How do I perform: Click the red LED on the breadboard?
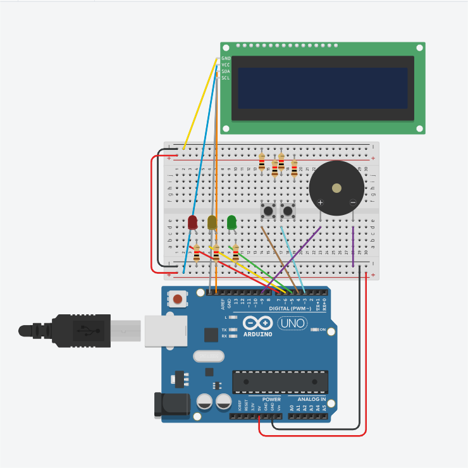(x=192, y=222)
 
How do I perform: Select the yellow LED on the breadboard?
(x=212, y=222)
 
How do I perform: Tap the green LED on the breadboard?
(x=231, y=222)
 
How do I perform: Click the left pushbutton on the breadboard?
(x=268, y=210)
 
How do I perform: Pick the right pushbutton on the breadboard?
(x=288, y=210)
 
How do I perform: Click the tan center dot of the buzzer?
(x=336, y=188)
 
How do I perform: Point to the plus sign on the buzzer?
(x=321, y=203)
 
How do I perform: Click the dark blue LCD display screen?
(x=323, y=88)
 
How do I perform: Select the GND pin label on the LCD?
(x=226, y=58)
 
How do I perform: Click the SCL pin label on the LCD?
(x=226, y=78)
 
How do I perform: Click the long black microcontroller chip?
(x=281, y=381)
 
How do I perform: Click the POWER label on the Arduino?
(x=271, y=400)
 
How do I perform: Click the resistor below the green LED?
(x=235, y=253)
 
